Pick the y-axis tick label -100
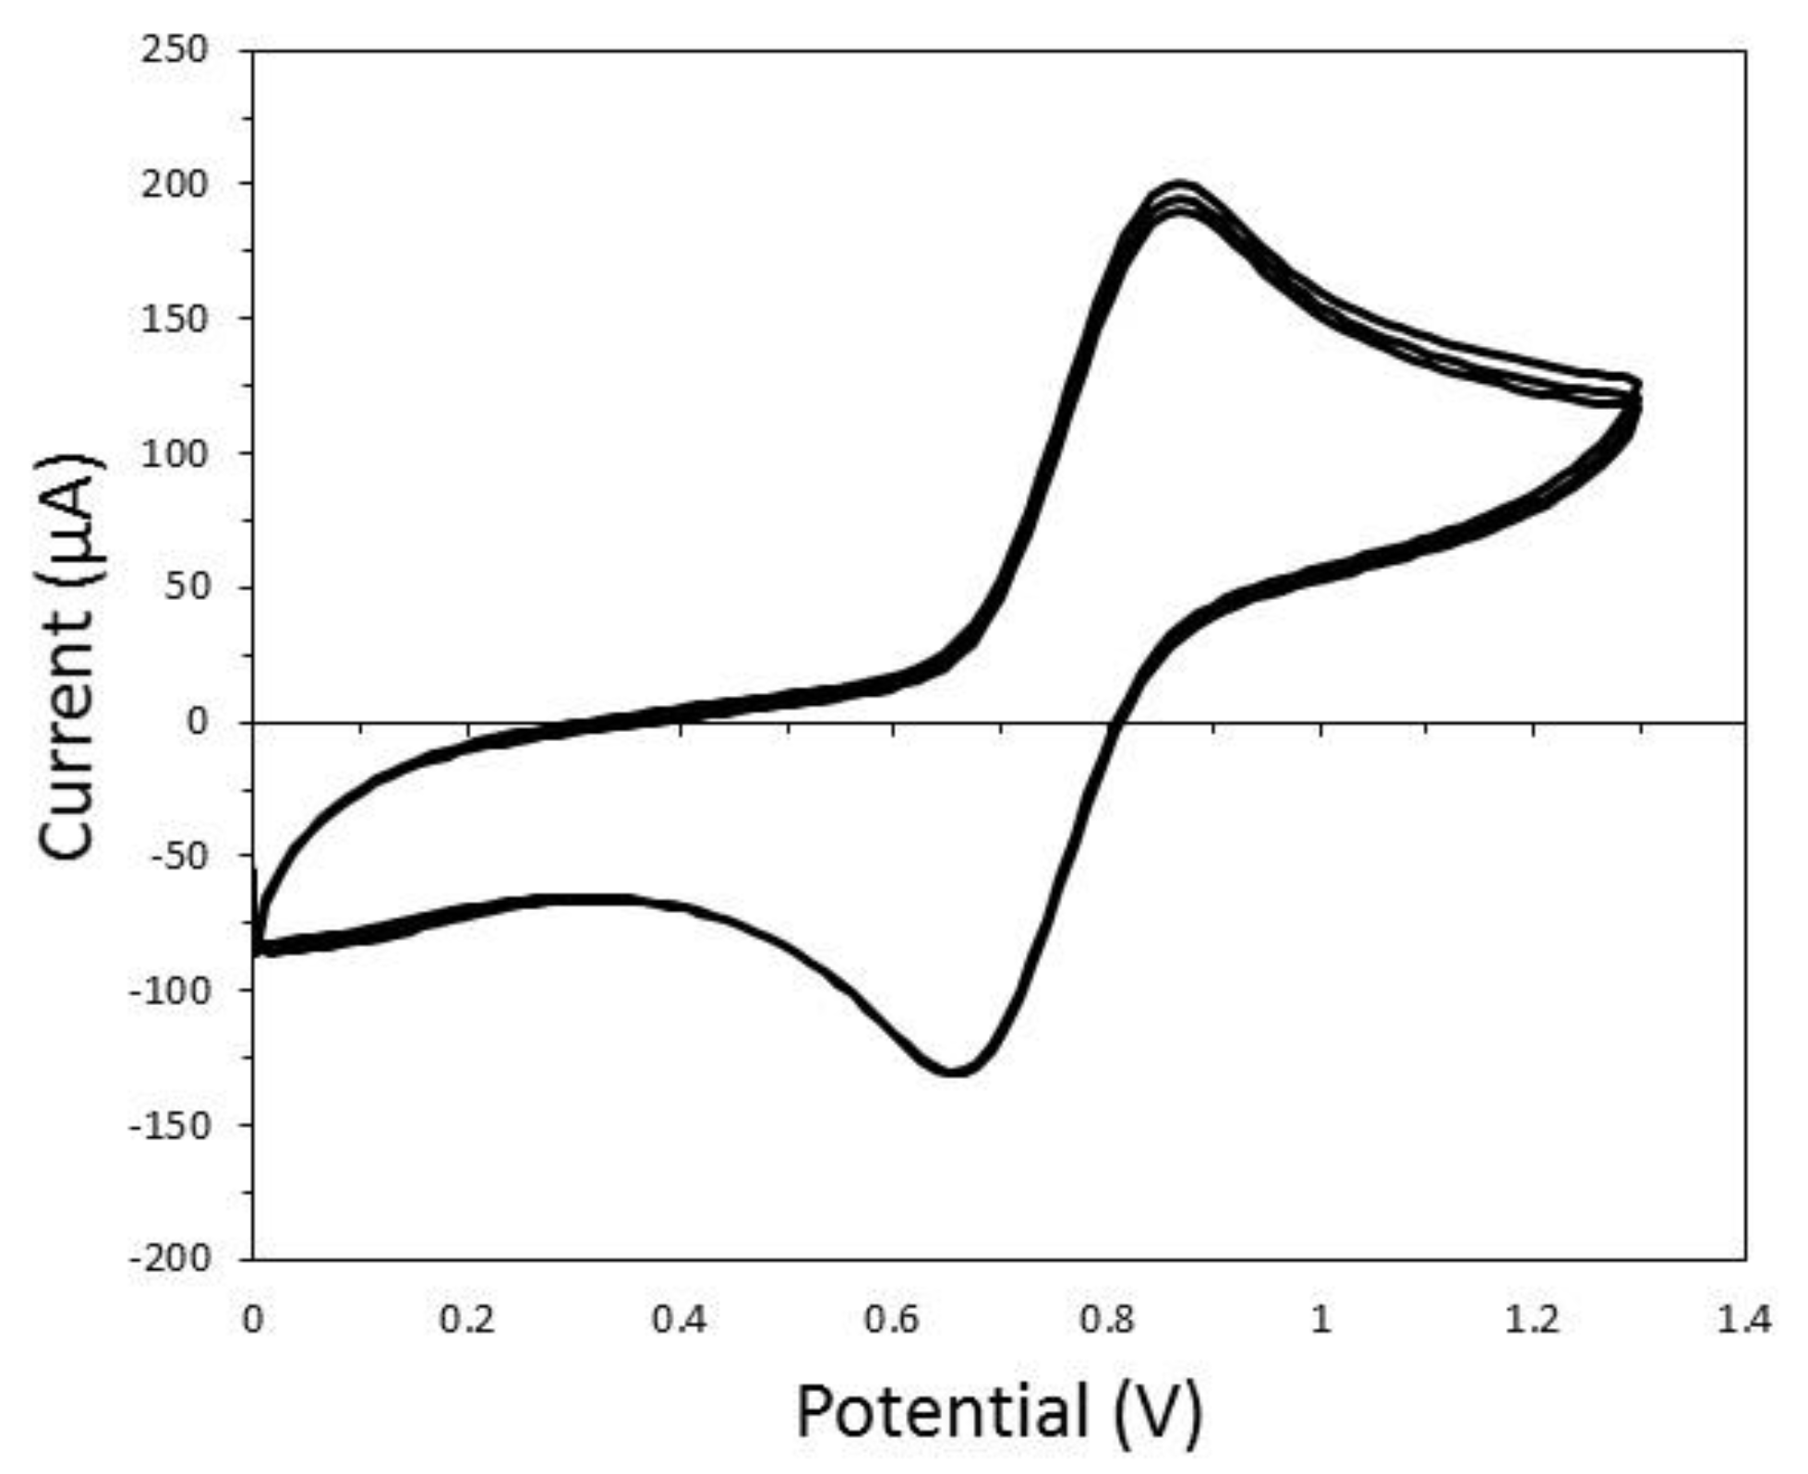point(172,991)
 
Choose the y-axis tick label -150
point(172,1126)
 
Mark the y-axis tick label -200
point(172,1259)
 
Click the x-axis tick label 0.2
point(468,1320)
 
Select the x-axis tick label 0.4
point(681,1320)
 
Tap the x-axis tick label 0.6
point(894,1320)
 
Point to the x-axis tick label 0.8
point(1107,1320)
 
